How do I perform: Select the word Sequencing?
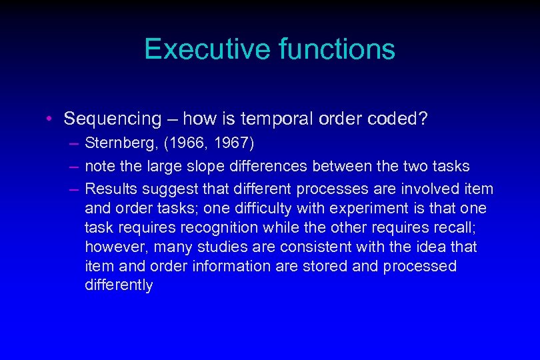[x=113, y=119]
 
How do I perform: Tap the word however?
[x=117, y=247]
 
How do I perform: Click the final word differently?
[x=119, y=285]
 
